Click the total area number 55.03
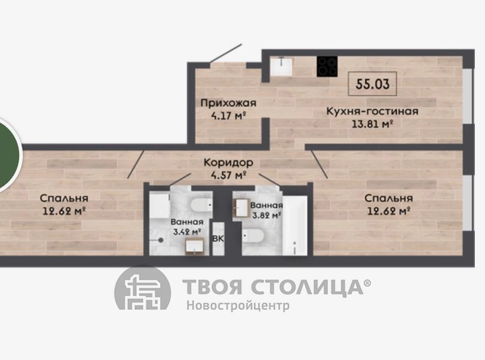pyautogui.click(x=373, y=84)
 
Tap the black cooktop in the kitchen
pyautogui.click(x=327, y=66)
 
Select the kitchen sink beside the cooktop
pyautogui.click(x=281, y=66)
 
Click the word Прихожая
pyautogui.click(x=228, y=103)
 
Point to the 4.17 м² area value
pyautogui.click(x=228, y=116)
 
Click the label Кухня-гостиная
pyautogui.click(x=373, y=111)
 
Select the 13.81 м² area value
pyautogui.click(x=373, y=124)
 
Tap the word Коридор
pyautogui.click(x=228, y=162)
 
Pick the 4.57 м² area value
pyautogui.click(x=228, y=176)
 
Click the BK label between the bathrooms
pyautogui.click(x=218, y=238)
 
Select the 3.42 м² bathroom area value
pyautogui.click(x=187, y=231)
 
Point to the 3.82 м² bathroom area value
pyautogui.click(x=266, y=215)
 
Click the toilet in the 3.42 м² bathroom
pyautogui.click(x=201, y=205)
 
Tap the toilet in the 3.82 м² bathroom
pyautogui.click(x=253, y=236)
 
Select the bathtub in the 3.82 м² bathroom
pyautogui.click(x=295, y=226)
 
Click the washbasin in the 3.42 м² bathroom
pyautogui.click(x=195, y=247)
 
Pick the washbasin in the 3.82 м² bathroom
pyautogui.click(x=242, y=208)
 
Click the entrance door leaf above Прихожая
pyautogui.click(x=226, y=54)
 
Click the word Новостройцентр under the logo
pyautogui.click(x=238, y=306)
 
